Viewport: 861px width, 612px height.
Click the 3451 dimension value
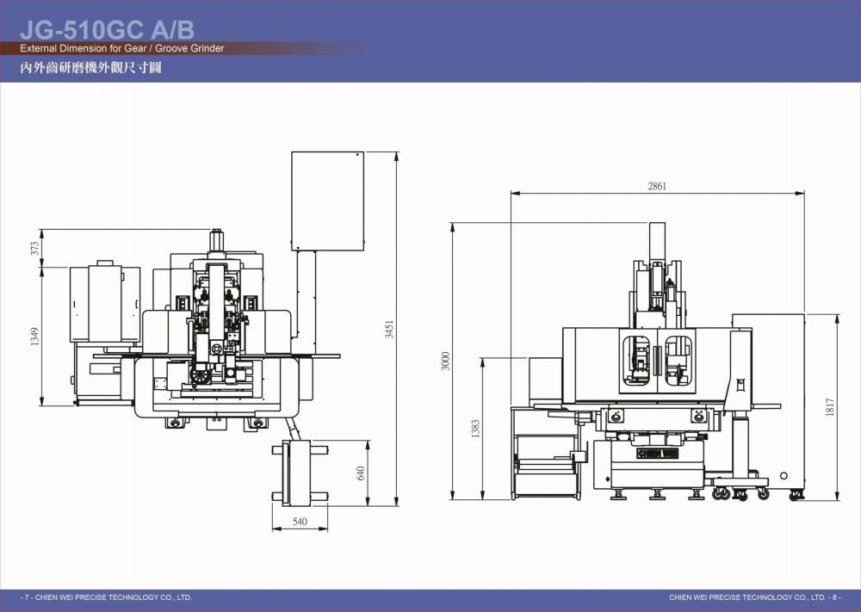389,330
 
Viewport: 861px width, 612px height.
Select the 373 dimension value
35,249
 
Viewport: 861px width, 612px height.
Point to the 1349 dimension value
35,336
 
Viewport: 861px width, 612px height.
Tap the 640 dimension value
360,473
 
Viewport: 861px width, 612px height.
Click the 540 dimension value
300,522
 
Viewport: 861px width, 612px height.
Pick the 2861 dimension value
657,186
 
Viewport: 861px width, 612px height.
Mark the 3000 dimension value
445,361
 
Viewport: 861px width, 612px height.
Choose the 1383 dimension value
475,429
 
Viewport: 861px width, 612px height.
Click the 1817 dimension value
830,407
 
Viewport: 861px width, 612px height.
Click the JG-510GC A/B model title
107,29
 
